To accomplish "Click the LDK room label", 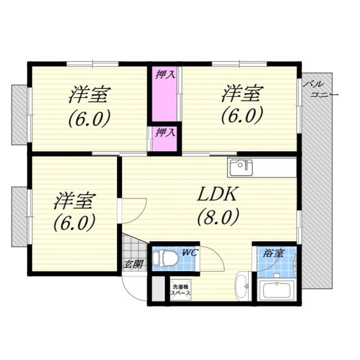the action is (x=217, y=194).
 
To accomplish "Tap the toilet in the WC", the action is (x=166, y=258).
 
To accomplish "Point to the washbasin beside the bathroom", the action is (x=242, y=286).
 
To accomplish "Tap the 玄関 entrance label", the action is (x=133, y=264).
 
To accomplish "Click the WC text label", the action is (x=190, y=253).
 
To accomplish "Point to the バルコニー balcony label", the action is (x=320, y=90).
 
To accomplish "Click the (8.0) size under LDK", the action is (x=218, y=216).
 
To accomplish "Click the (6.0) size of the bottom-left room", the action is (x=75, y=222).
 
